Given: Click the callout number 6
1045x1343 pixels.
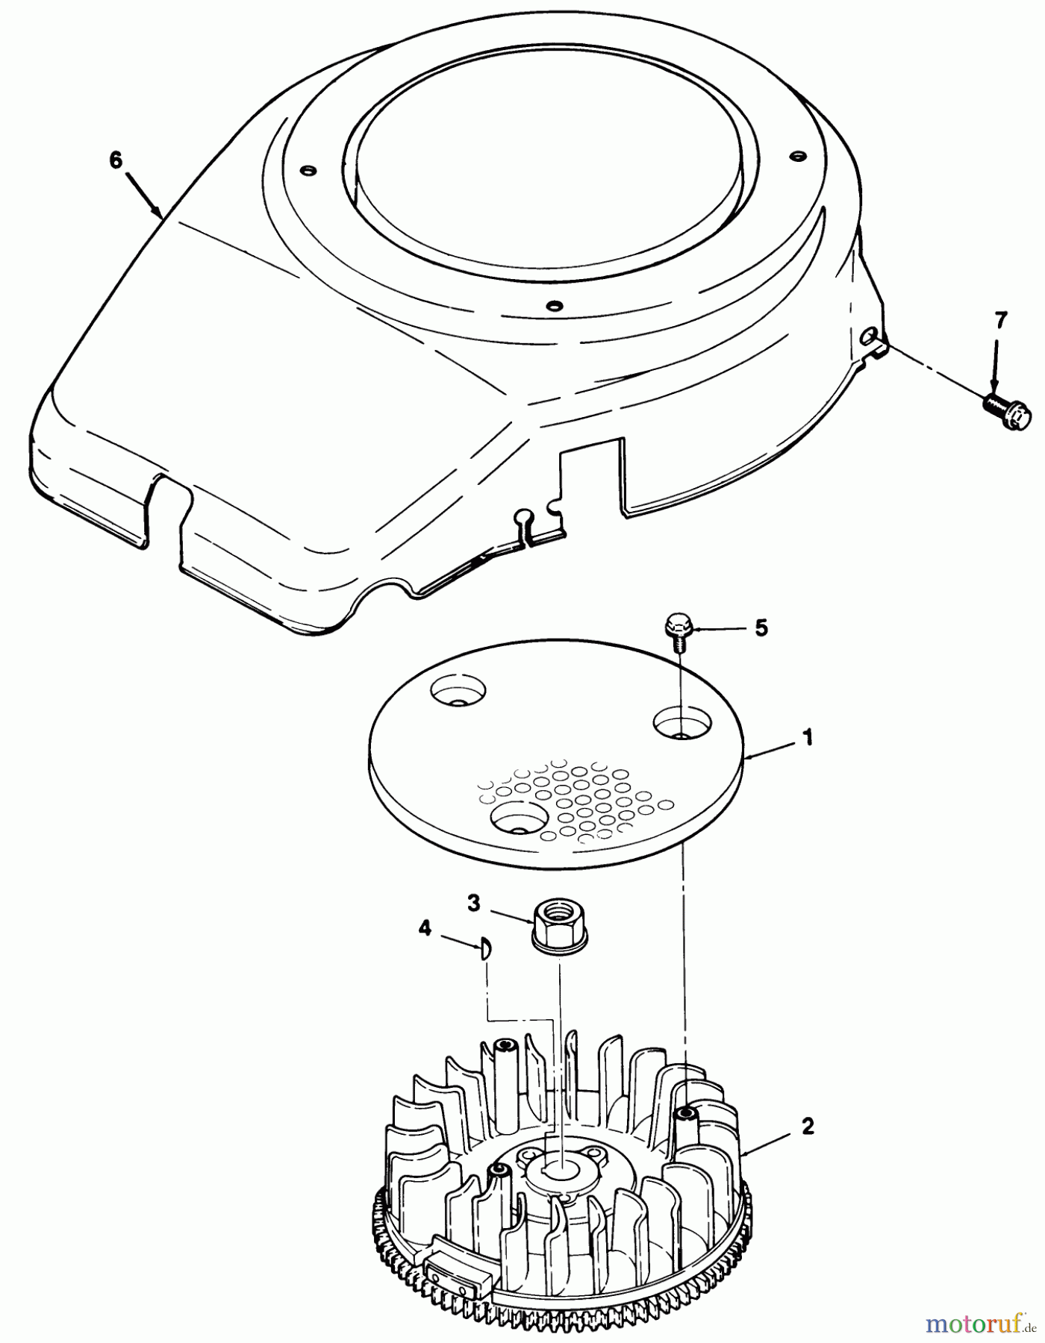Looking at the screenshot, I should (115, 160).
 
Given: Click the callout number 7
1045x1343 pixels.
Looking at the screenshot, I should (1000, 321).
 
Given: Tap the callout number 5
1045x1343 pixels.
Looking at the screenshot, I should (761, 627).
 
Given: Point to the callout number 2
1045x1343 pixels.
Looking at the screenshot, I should (807, 1127).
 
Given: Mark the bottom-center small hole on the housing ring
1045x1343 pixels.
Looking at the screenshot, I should (553, 305).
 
